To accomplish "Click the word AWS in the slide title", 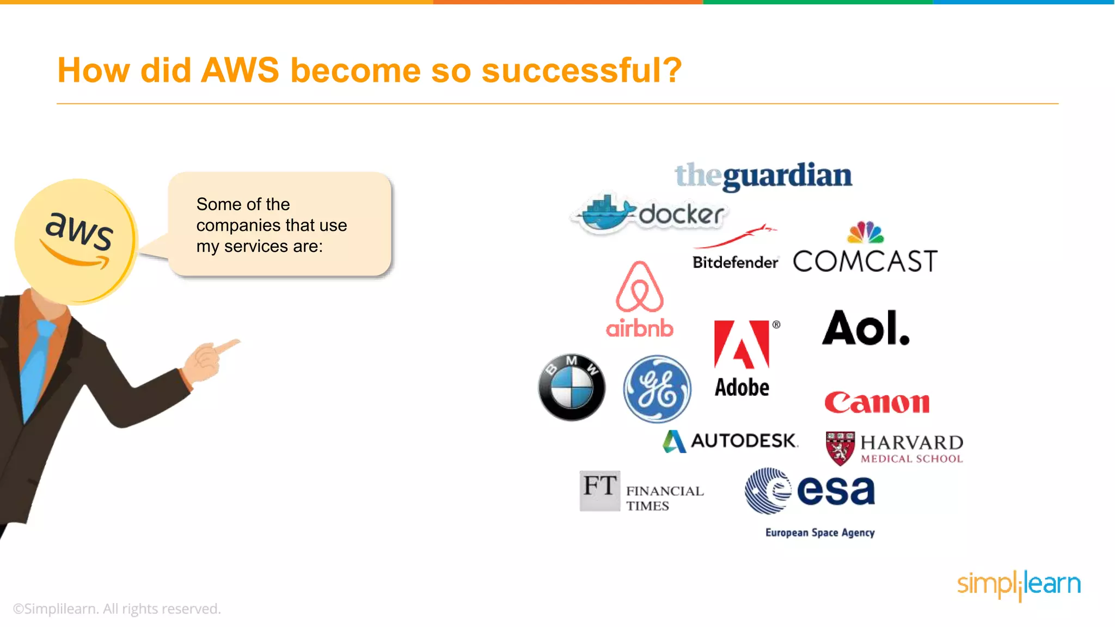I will click(240, 70).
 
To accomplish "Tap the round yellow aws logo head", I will click(76, 240).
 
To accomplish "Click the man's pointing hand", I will click(212, 356).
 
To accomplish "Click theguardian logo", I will click(763, 176).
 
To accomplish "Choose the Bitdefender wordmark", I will click(735, 262).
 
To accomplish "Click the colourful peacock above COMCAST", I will click(865, 232).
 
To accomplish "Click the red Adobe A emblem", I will click(742, 345).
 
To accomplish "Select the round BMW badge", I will click(572, 388).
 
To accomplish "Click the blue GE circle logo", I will click(657, 389).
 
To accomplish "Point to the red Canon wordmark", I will click(877, 403).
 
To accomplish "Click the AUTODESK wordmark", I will click(744, 440).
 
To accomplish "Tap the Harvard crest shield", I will click(840, 448).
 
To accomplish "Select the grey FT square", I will click(599, 490).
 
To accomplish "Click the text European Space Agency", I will click(820, 532).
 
